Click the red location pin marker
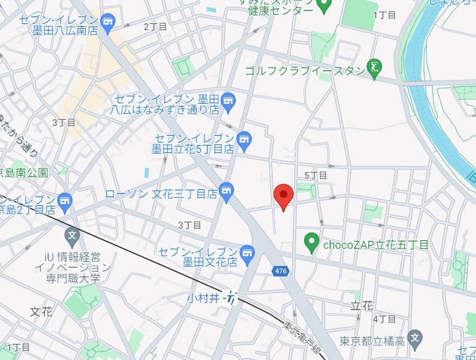click(283, 196)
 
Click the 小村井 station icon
click(230, 299)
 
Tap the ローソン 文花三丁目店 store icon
click(227, 192)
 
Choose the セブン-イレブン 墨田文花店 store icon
click(247, 252)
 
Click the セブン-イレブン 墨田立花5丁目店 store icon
click(244, 140)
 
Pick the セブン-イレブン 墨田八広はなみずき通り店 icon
click(228, 100)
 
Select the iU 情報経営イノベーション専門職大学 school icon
click(72, 234)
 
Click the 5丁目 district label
click(316, 176)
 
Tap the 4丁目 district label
click(384, 319)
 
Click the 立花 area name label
click(362, 305)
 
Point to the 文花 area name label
click(41, 311)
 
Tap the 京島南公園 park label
click(25, 173)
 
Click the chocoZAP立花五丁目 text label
click(376, 245)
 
